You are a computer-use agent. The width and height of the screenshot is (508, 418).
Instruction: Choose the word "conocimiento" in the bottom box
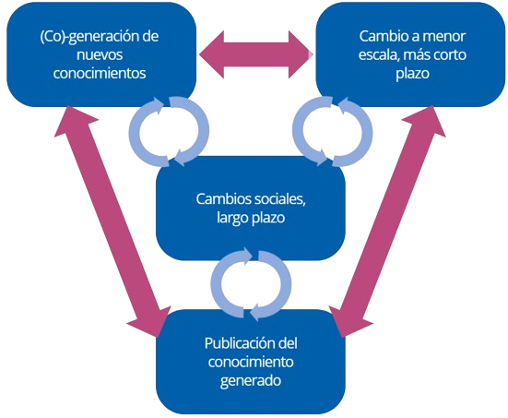pyautogui.click(x=251, y=362)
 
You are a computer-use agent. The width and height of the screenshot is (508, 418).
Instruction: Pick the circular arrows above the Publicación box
pyautogui.click(x=251, y=281)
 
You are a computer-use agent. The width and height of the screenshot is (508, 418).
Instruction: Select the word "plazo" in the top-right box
pyautogui.click(x=407, y=74)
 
